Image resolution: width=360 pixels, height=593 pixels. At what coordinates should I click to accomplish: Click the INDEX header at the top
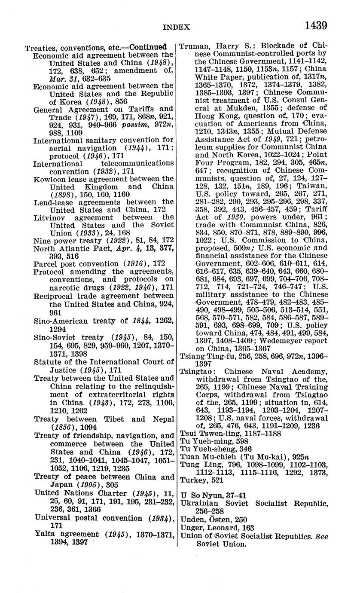[x=176, y=27]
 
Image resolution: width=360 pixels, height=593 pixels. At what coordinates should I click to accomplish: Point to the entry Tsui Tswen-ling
[x=204, y=433]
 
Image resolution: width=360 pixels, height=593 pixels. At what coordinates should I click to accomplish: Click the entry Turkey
[x=192, y=480]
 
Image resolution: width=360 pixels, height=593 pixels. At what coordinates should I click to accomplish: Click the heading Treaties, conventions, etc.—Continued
[x=96, y=47]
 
